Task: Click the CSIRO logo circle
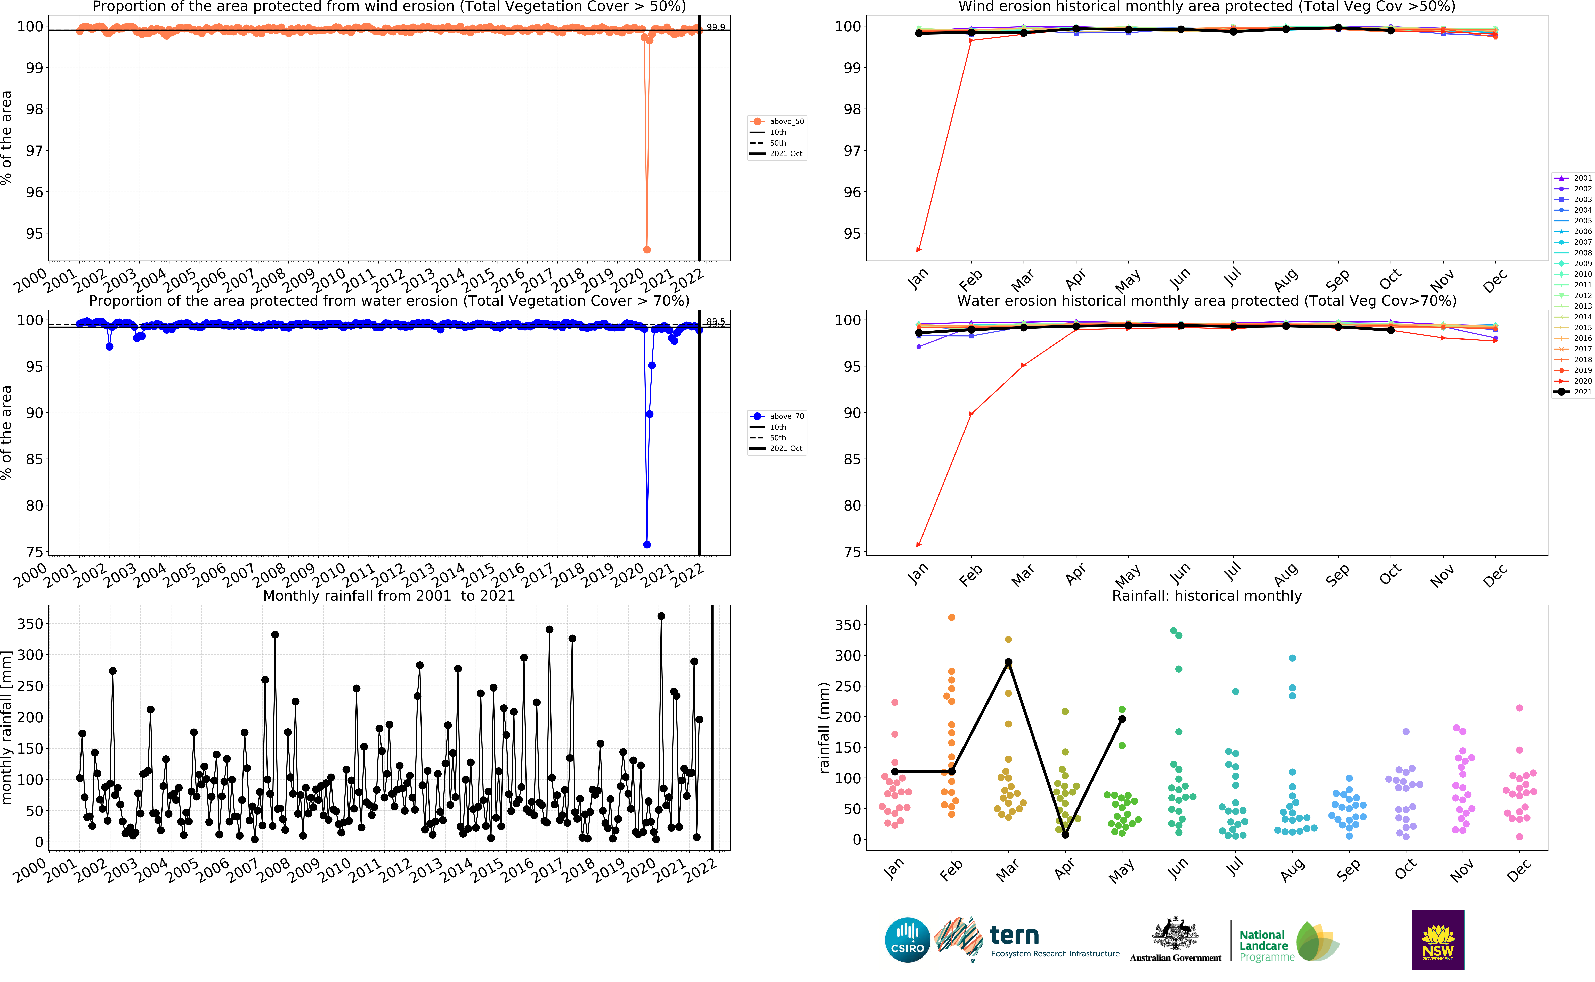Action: tap(907, 940)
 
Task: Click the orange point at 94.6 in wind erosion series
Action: tap(647, 249)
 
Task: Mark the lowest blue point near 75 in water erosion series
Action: tap(647, 544)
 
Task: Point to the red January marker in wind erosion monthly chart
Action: tap(918, 249)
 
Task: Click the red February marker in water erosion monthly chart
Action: tap(971, 414)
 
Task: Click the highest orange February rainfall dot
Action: tap(952, 617)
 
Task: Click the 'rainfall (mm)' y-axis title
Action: tap(824, 727)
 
